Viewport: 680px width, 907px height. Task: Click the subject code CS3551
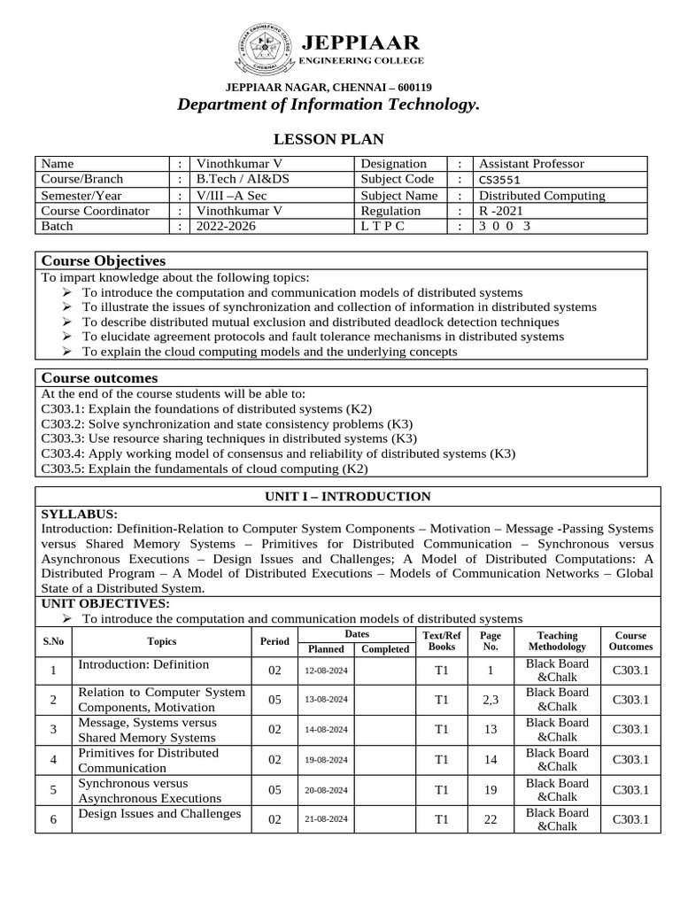click(501, 179)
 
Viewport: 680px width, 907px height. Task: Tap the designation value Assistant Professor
click(531, 164)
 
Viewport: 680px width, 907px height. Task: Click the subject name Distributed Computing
click(542, 195)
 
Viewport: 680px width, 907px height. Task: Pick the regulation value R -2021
click(501, 211)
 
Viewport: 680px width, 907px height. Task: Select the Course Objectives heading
click(104, 260)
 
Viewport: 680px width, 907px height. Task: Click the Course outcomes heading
click(99, 378)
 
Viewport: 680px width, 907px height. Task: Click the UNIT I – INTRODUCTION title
click(348, 496)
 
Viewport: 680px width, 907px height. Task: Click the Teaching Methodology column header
click(557, 641)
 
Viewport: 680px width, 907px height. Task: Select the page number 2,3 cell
click(491, 700)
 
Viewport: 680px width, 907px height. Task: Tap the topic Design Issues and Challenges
click(159, 813)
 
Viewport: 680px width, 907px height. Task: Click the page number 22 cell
click(491, 819)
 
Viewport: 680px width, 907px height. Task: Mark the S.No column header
click(53, 641)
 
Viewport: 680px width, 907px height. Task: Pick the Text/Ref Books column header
click(442, 641)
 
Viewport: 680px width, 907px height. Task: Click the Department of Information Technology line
click(328, 105)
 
